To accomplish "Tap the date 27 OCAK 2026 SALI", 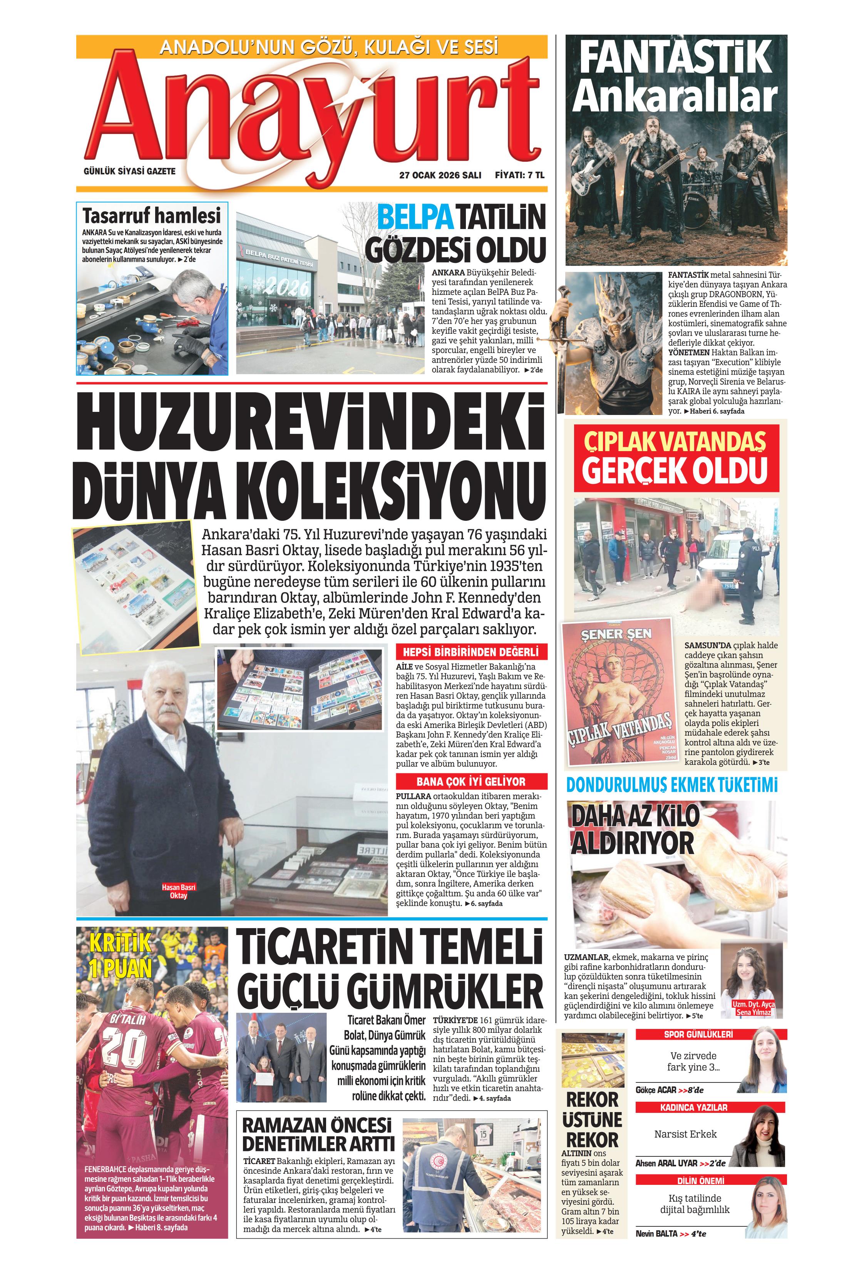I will tap(440, 175).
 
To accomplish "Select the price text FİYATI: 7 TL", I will tap(519, 175).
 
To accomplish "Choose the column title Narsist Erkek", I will tap(685, 1134).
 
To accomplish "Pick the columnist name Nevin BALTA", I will tap(656, 1234).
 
